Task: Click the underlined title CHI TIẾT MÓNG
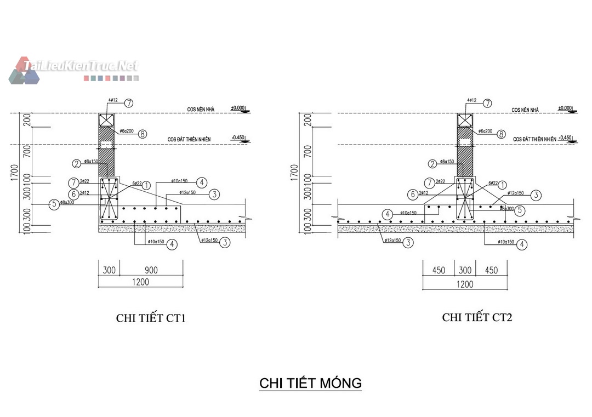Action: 310,382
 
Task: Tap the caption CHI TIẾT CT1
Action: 151,318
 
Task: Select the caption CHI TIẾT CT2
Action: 477,317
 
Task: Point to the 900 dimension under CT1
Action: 151,270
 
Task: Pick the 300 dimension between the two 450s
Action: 465,270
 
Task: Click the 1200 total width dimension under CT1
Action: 141,282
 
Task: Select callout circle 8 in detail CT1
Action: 143,133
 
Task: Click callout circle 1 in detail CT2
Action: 503,186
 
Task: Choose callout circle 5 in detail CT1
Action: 53,204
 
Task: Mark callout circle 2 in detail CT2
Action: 432,163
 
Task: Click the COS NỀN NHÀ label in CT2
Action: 525,110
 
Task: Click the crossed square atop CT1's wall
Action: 105,121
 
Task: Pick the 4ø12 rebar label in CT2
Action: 471,101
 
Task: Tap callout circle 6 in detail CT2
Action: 412,193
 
